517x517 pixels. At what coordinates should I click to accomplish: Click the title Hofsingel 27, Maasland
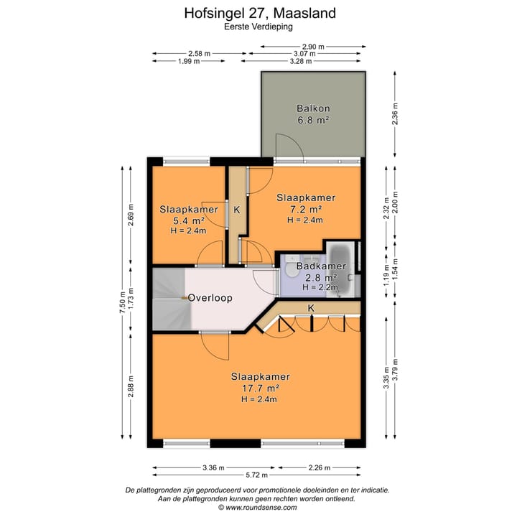258,13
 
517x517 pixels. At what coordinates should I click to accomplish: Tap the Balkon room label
312,109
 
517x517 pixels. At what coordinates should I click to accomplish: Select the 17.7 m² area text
260,388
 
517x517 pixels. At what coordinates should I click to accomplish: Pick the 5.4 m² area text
188,220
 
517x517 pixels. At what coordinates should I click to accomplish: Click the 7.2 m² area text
306,209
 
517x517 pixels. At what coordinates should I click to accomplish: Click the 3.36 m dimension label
213,467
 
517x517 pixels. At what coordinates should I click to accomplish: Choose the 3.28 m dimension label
302,61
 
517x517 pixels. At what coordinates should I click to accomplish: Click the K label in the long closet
310,308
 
